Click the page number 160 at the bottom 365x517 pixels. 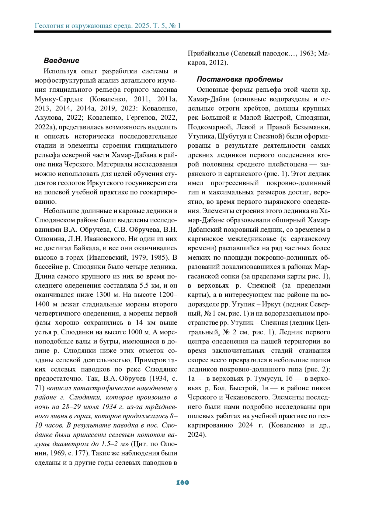pos(182,482)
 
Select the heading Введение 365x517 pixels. pos(61,61)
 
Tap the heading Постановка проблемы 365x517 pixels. pos(240,79)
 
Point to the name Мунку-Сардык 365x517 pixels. pos(59,99)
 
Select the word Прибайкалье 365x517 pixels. pos(208,54)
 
